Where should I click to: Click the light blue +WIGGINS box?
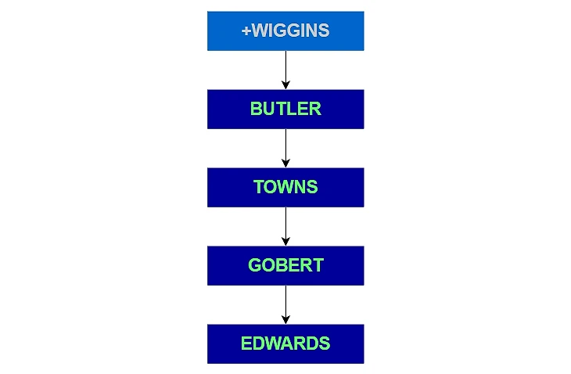(x=285, y=31)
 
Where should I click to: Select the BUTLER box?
(x=285, y=110)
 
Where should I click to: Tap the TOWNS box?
(x=285, y=188)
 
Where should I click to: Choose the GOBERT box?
(x=285, y=266)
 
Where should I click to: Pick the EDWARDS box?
(x=285, y=344)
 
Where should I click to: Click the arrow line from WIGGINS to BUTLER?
(x=285, y=70)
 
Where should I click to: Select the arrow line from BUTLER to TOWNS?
(x=285, y=148)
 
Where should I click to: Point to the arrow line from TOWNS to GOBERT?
(x=285, y=226)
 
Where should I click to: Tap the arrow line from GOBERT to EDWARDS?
(x=285, y=305)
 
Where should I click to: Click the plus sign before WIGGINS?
(x=246, y=31)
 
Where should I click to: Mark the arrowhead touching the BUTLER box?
(x=285, y=85)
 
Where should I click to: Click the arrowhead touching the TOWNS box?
(x=285, y=164)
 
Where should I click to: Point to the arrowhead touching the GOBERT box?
(x=285, y=242)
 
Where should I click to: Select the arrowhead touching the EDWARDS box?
(x=285, y=320)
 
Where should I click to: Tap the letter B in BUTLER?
(x=256, y=109)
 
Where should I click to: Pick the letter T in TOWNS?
(x=259, y=187)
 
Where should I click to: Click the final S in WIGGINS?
(x=324, y=31)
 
